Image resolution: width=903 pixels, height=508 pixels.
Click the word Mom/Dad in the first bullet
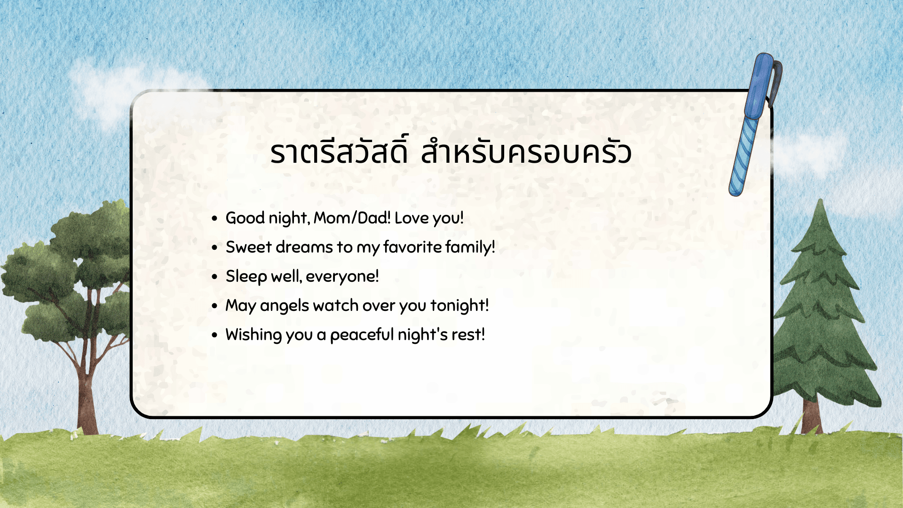point(352,218)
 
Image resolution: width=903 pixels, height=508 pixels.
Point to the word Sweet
point(249,247)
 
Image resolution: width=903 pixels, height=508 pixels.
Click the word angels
point(285,306)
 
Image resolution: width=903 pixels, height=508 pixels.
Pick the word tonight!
point(459,306)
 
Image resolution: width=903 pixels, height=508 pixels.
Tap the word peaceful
point(362,335)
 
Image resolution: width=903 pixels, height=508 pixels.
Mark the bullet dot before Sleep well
point(215,277)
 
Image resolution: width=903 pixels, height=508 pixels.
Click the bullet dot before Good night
point(215,218)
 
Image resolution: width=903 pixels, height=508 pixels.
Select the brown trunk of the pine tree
point(812,416)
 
